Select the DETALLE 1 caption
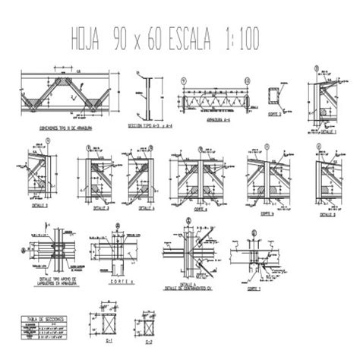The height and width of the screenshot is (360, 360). click(x=327, y=130)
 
